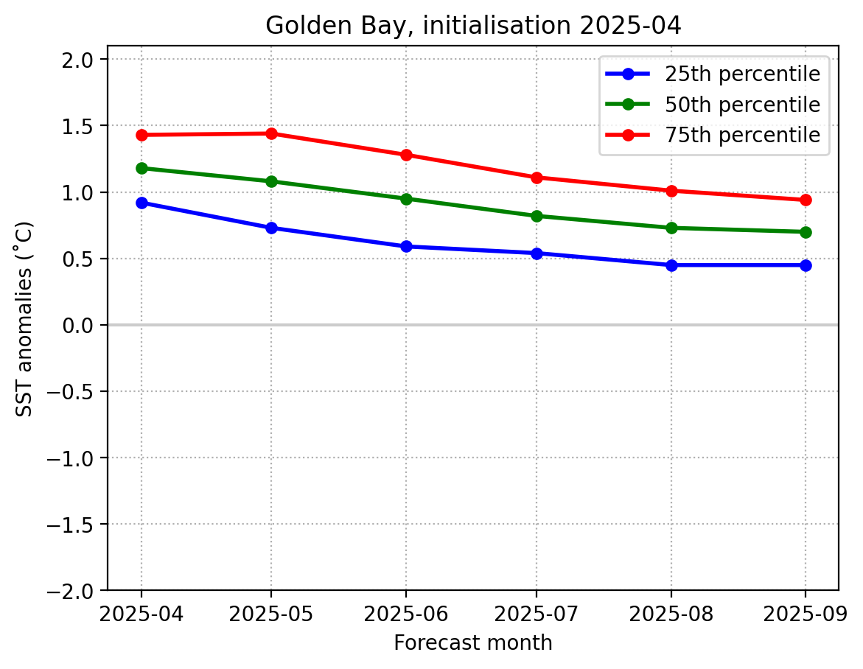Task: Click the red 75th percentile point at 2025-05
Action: (x=271, y=133)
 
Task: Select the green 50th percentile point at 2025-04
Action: (x=141, y=168)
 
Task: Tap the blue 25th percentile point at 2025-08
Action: (x=671, y=265)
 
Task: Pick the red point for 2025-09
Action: (x=805, y=200)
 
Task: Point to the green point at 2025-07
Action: (x=536, y=216)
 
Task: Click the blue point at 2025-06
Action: (x=406, y=246)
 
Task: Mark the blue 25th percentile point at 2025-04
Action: (x=141, y=203)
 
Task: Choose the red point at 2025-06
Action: (x=406, y=155)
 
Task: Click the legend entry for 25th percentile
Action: (x=742, y=74)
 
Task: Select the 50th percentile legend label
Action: (x=742, y=105)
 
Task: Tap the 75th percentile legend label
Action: (x=742, y=135)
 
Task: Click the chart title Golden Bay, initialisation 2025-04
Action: (x=473, y=26)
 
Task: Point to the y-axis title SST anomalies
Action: (x=25, y=318)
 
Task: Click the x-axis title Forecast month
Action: (x=473, y=643)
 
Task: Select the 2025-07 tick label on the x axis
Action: (x=536, y=613)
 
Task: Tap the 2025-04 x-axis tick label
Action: (x=141, y=613)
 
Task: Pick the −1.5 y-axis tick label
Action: (x=74, y=524)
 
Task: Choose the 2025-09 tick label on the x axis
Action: (x=805, y=613)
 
